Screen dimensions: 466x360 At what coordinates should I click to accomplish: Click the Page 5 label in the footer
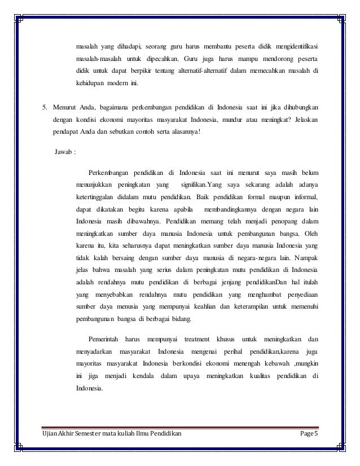pos(317,433)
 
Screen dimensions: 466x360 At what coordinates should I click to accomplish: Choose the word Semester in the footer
pos(100,433)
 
